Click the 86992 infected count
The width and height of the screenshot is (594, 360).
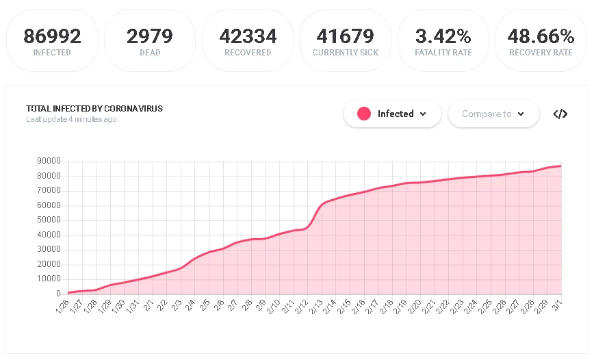click(52, 36)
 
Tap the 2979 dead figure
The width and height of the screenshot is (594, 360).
click(149, 36)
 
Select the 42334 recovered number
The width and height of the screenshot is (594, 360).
click(248, 36)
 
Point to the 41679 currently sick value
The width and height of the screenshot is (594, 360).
click(345, 36)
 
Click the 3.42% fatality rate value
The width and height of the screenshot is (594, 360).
click(443, 36)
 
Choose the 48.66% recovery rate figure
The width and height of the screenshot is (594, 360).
click(541, 36)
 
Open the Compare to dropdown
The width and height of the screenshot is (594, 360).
click(493, 114)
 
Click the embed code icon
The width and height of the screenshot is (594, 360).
click(560, 114)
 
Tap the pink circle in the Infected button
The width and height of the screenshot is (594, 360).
click(364, 114)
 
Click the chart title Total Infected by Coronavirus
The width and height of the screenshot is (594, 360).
click(94, 109)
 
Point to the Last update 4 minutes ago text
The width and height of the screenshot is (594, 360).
click(71, 119)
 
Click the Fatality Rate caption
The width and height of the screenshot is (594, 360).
click(443, 53)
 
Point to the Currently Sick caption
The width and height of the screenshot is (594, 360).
click(345, 53)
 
